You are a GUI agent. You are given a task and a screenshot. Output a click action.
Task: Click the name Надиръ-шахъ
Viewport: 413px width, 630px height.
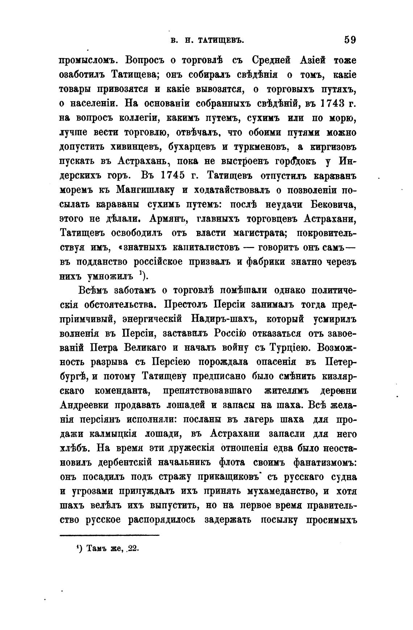[222, 319]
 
